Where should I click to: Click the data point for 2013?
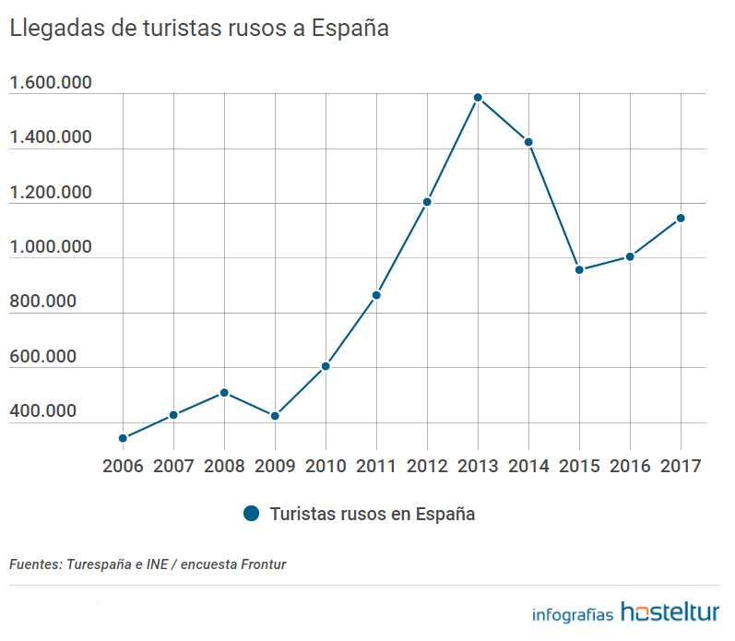click(478, 98)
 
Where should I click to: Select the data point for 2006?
click(123, 438)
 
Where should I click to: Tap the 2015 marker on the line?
click(579, 270)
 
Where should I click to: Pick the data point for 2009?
click(275, 416)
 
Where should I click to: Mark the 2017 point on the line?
click(681, 219)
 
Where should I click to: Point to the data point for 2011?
click(376, 295)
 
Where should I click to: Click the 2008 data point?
click(224, 393)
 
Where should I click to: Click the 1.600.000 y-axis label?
click(50, 84)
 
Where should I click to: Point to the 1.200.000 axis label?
click(50, 193)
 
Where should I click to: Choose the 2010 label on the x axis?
click(326, 466)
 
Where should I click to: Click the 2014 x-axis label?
click(528, 466)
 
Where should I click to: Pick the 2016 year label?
click(630, 466)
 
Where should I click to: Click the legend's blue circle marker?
click(252, 514)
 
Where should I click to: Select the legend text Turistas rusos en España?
click(373, 514)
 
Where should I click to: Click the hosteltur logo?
click(670, 611)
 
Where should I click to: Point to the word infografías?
click(573, 614)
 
